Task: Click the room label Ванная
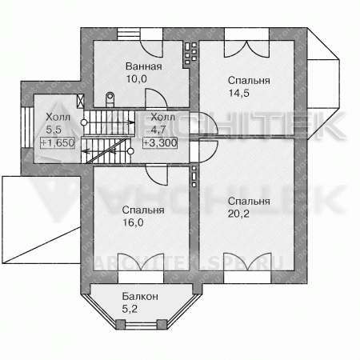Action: (x=144, y=66)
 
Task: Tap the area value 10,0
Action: (x=137, y=79)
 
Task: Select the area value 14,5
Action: (x=239, y=93)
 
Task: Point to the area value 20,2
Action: (x=238, y=214)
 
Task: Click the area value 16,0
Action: (x=133, y=222)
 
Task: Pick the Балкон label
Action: (x=140, y=296)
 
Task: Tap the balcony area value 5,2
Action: (x=130, y=309)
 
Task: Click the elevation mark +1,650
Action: (x=58, y=142)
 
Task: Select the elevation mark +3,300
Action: (x=160, y=142)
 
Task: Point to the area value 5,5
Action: (x=54, y=130)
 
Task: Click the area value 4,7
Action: (x=158, y=130)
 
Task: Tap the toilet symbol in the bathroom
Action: (x=110, y=99)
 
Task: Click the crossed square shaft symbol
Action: (x=80, y=101)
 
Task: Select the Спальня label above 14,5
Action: (x=249, y=80)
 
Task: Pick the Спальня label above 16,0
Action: (x=143, y=210)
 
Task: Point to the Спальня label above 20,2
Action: (x=249, y=201)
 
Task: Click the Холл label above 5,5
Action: (x=58, y=117)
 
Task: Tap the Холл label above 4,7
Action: (x=163, y=117)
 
